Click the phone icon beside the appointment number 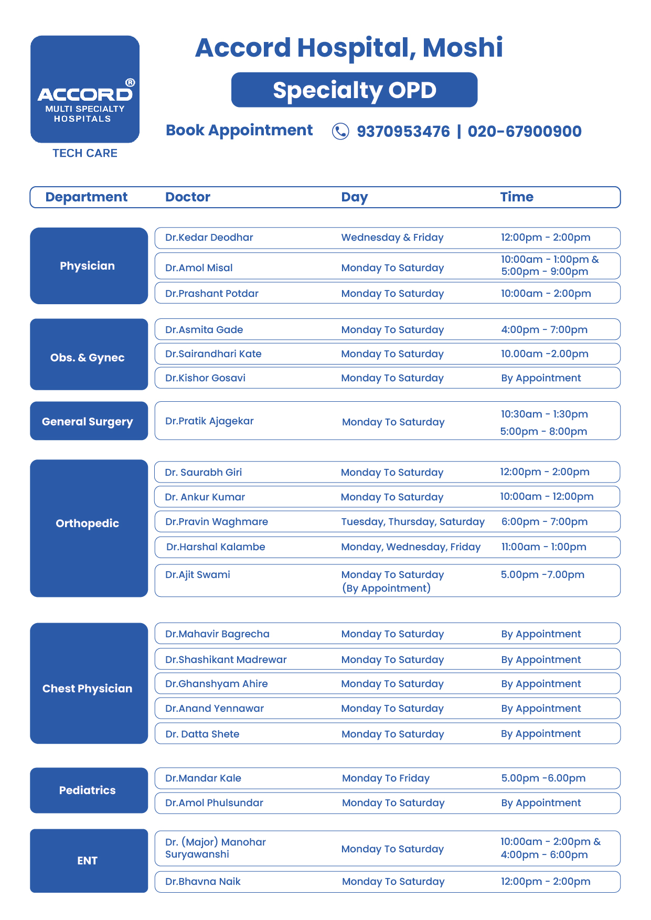(x=340, y=131)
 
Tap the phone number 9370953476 (x=403, y=131)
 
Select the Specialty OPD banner (x=354, y=90)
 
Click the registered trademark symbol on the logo (x=130, y=82)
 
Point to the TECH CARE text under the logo (x=85, y=153)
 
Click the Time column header (x=517, y=197)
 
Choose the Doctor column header (x=188, y=197)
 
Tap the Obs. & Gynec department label (x=88, y=358)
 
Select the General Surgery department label (x=88, y=422)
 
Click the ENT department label (x=88, y=861)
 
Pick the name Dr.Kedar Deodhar (x=209, y=238)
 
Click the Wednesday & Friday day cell (x=392, y=238)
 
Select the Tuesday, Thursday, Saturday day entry (x=413, y=522)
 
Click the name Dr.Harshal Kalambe (x=216, y=547)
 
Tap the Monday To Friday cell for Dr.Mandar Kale (x=386, y=778)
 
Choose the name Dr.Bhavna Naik (x=202, y=882)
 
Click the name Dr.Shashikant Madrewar (x=226, y=660)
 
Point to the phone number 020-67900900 (x=525, y=131)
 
